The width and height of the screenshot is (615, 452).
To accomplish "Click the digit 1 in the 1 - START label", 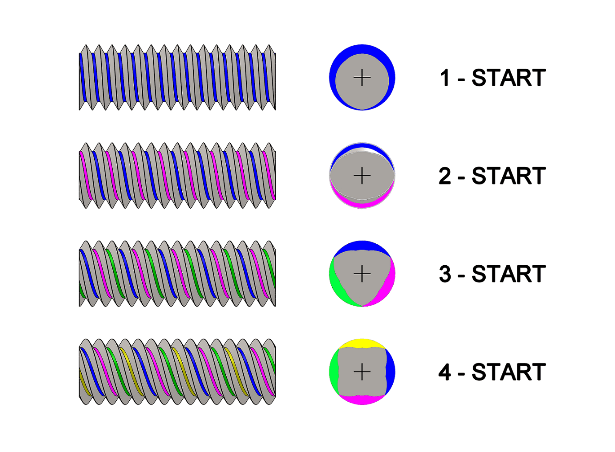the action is point(445,78).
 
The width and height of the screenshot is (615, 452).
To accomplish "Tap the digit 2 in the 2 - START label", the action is point(445,176).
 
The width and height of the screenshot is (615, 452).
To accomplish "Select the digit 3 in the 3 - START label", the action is point(445,274).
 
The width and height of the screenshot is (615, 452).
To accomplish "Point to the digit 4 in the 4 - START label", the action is point(445,372).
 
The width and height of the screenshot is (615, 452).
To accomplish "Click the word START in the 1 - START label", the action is point(509,78).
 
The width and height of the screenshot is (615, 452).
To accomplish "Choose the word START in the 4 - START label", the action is point(509,372).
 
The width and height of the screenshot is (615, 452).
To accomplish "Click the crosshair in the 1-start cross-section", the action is point(362,78).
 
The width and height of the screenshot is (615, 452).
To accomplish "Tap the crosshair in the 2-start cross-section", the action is point(362,176).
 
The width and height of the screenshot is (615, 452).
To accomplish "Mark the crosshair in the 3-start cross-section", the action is point(362,274).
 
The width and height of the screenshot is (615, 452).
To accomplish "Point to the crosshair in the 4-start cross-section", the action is point(362,372).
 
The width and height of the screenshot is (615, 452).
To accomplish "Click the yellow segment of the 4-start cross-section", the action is point(362,343).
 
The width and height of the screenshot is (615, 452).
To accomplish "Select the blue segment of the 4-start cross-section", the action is point(390,372).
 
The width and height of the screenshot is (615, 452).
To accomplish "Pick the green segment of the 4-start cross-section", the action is point(334,372).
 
